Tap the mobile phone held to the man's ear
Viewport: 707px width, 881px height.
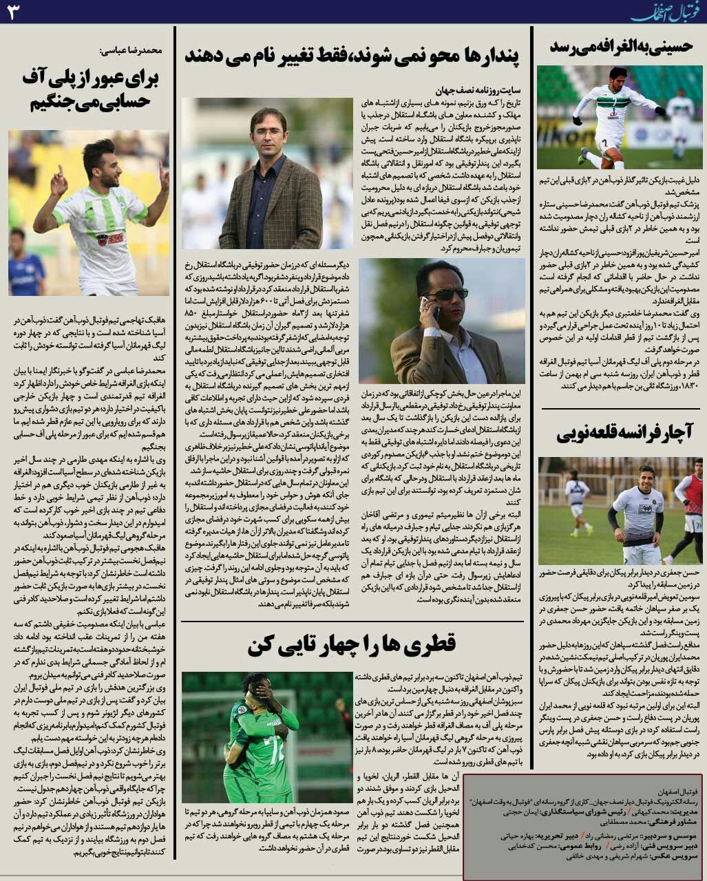point(435,313)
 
